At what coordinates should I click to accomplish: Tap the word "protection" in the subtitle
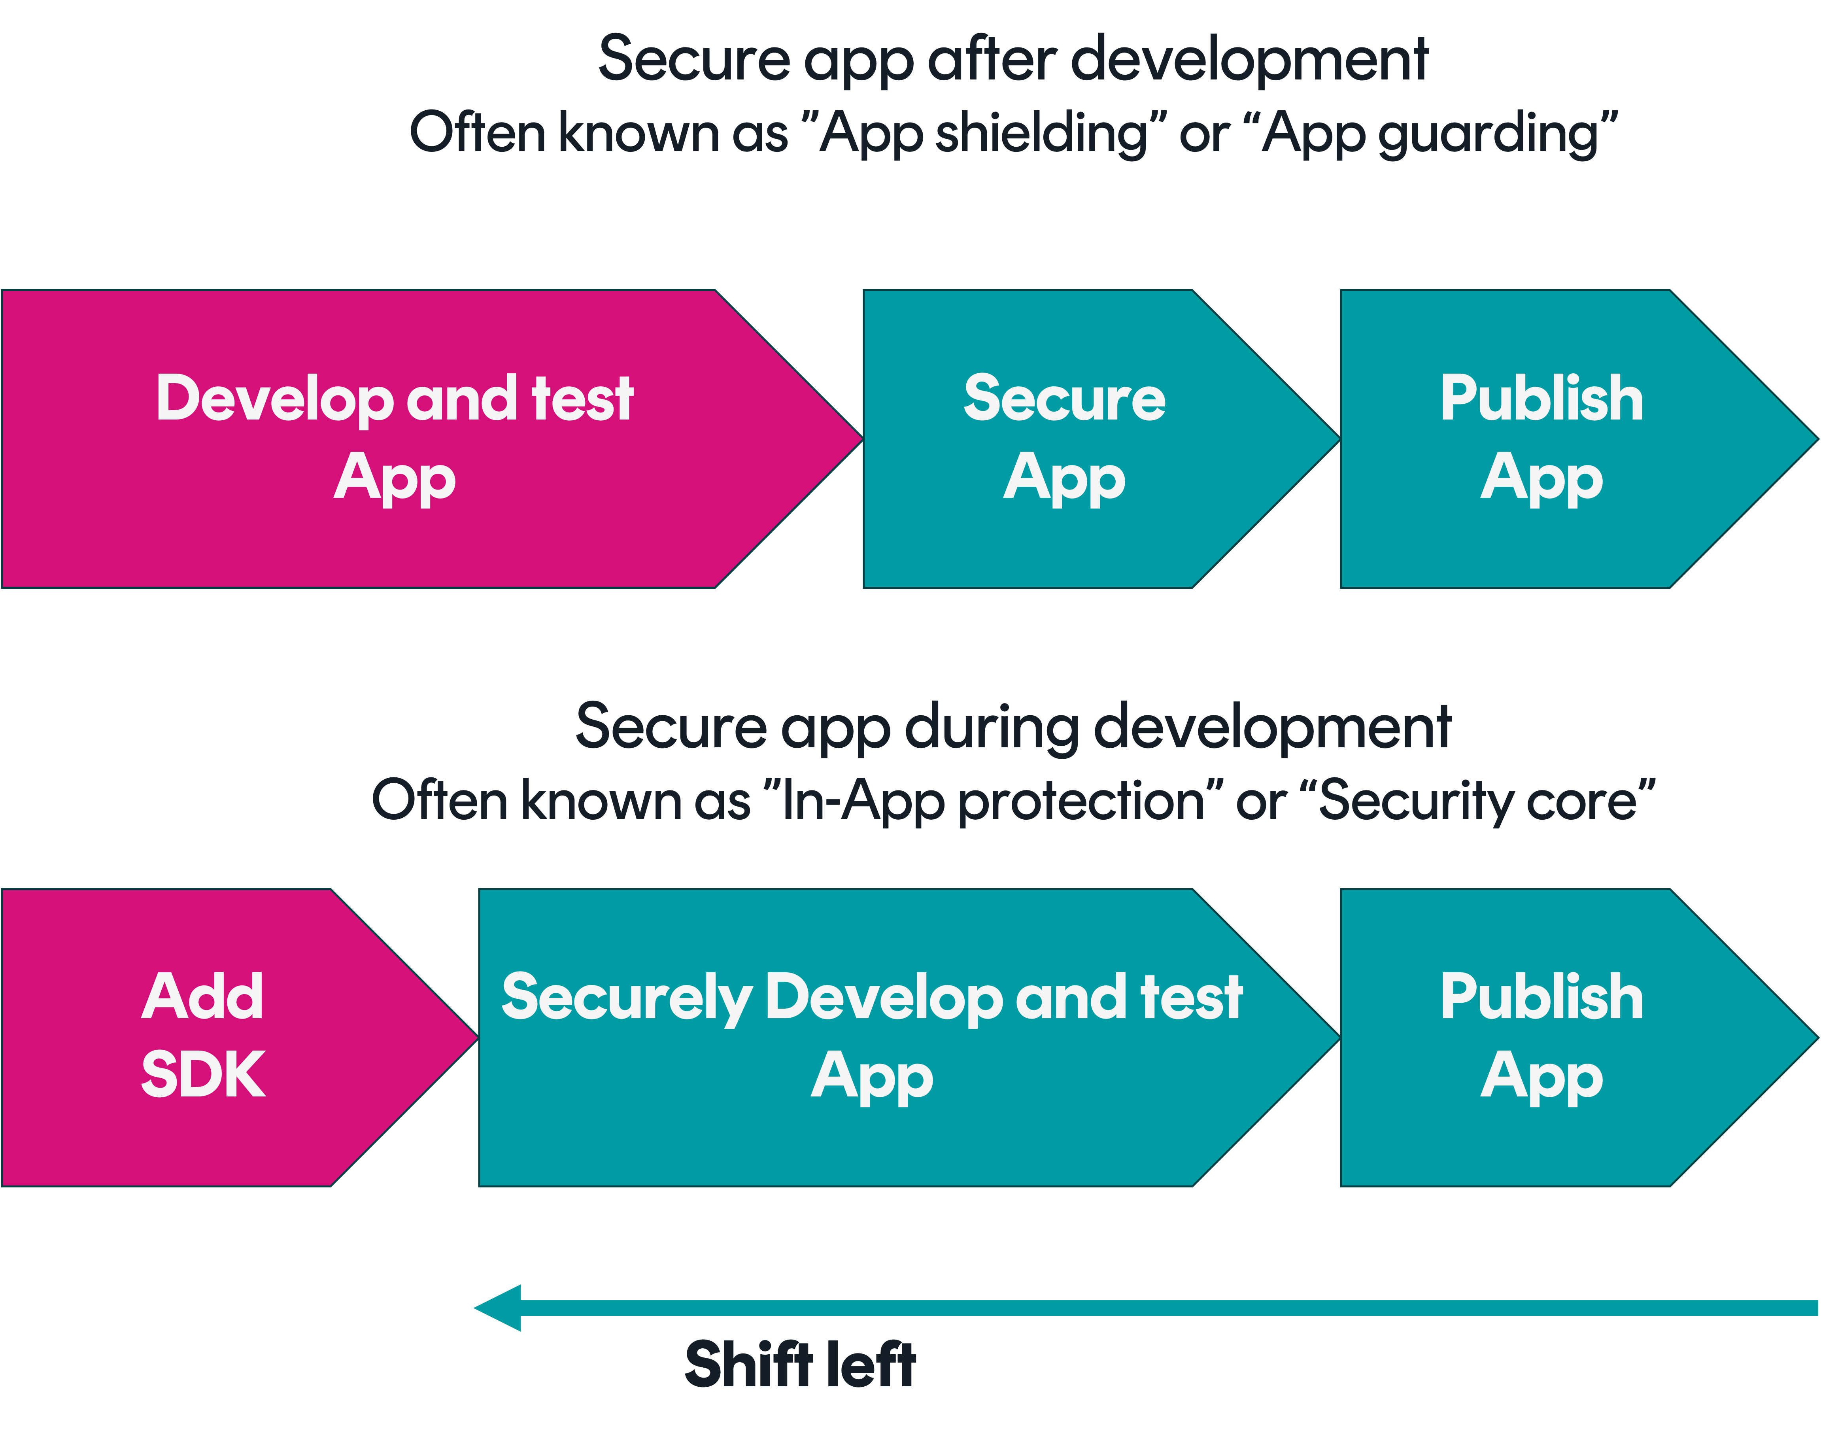pos(1081,801)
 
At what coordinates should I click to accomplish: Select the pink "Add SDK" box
pos(203,1037)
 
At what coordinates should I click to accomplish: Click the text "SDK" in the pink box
pos(203,1074)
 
